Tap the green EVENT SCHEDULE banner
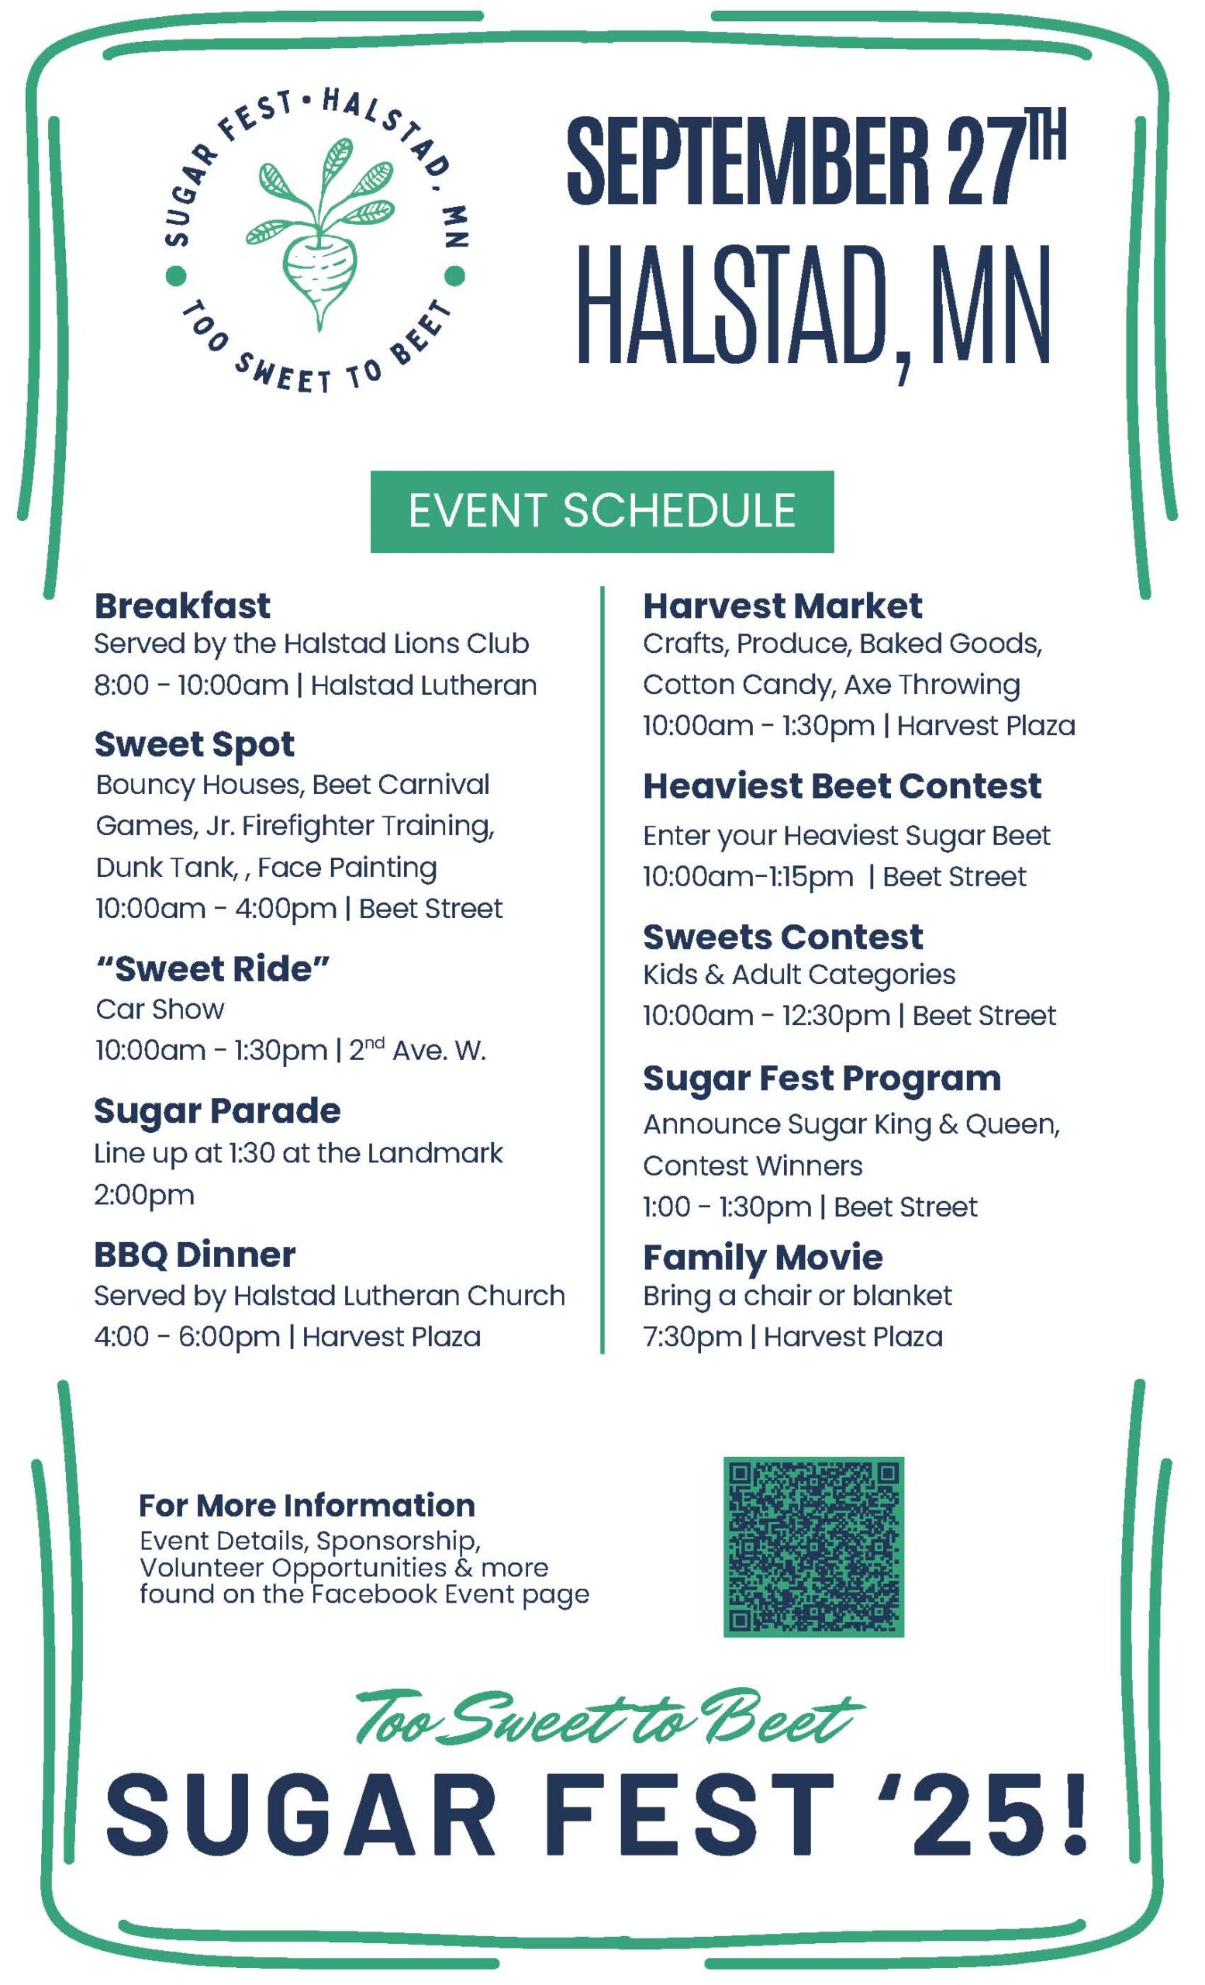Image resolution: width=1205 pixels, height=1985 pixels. coord(602,512)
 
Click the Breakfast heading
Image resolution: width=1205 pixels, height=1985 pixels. coord(182,606)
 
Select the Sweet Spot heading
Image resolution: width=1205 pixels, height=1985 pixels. coord(194,745)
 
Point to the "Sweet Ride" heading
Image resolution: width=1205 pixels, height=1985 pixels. coord(212,968)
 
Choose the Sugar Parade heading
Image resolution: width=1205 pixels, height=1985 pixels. coord(217,1112)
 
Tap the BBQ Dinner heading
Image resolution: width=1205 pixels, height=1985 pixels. coord(195,1255)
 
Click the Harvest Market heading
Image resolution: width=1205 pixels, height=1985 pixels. coord(782,606)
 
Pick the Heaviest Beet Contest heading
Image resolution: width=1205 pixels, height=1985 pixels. coord(842,785)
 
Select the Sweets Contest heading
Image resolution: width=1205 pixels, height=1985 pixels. coord(783,936)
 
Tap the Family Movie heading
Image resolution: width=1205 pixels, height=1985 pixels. coord(763,1258)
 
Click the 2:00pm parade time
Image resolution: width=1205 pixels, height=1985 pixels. coord(144,1195)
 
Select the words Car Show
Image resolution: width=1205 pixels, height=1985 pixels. coord(161,1010)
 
